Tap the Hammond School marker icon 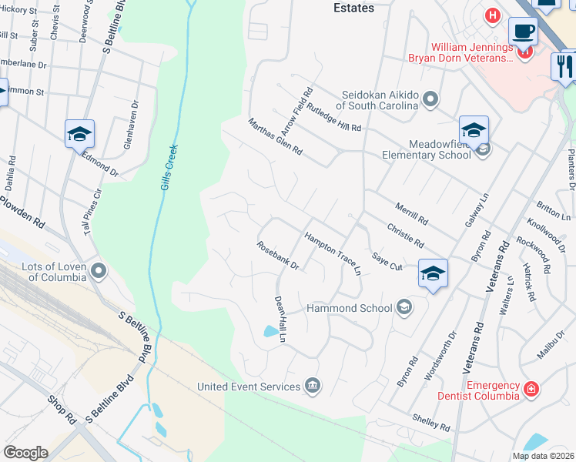[x=403, y=308]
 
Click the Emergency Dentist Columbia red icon [x=530, y=390]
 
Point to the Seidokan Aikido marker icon [x=430, y=99]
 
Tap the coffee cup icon [x=523, y=32]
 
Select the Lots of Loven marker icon [x=99, y=271]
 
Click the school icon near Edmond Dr [x=79, y=134]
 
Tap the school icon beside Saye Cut [x=433, y=273]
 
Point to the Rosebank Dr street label [x=278, y=256]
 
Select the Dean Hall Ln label [x=281, y=319]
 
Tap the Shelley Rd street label [x=431, y=423]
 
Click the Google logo [x=25, y=452]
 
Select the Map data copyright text [x=543, y=456]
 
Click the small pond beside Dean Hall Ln [x=271, y=331]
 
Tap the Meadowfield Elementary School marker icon [x=483, y=149]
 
